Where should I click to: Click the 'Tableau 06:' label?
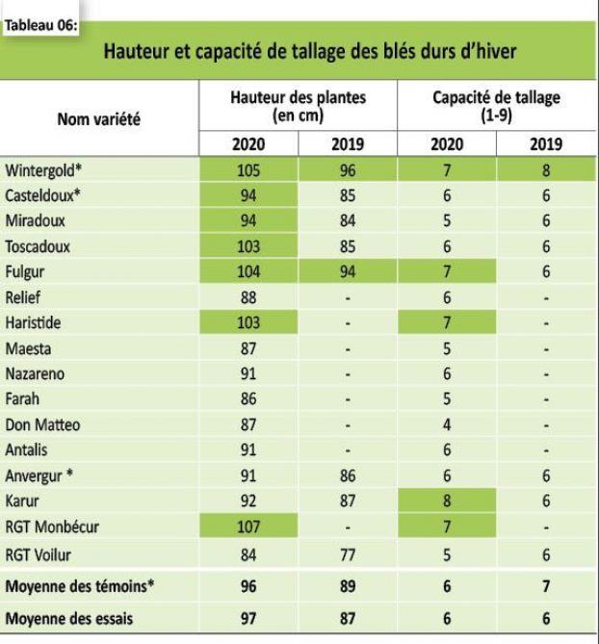[x=40, y=25]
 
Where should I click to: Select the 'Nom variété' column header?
[x=99, y=119]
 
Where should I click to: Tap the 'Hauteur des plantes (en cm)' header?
[x=299, y=106]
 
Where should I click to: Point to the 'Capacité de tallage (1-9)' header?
[x=496, y=106]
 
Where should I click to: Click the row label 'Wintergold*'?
[x=44, y=171]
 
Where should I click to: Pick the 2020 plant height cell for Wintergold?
[x=248, y=171]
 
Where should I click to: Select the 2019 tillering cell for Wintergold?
[x=545, y=171]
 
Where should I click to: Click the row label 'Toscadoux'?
[x=38, y=246]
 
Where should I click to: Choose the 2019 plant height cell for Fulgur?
[x=347, y=272]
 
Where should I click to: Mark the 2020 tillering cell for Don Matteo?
[x=446, y=425]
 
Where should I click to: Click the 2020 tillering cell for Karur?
[x=446, y=501]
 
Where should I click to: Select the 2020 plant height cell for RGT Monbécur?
[x=248, y=527]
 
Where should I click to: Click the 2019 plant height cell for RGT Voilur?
[x=347, y=554]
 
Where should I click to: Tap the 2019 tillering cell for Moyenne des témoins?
[x=545, y=586]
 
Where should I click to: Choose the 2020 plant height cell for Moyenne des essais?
[x=248, y=619]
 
